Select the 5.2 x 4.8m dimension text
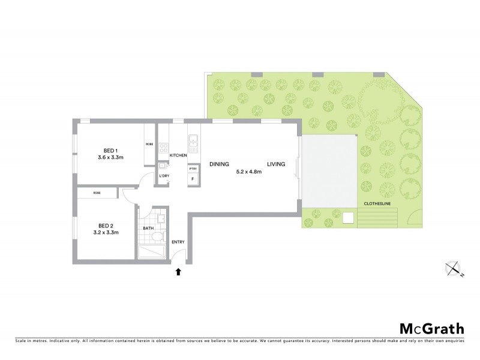(250, 172)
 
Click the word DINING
(220, 164)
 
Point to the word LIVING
(276, 164)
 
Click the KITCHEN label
(178, 155)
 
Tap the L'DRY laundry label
(164, 176)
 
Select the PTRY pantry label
(193, 169)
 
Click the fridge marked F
(193, 179)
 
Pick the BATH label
(148, 229)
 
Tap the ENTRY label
(178, 242)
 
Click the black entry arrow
(178, 272)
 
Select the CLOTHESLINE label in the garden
(379, 204)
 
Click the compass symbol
(454, 269)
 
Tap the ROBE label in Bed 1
(149, 144)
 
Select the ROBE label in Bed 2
(97, 193)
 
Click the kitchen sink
(194, 142)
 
